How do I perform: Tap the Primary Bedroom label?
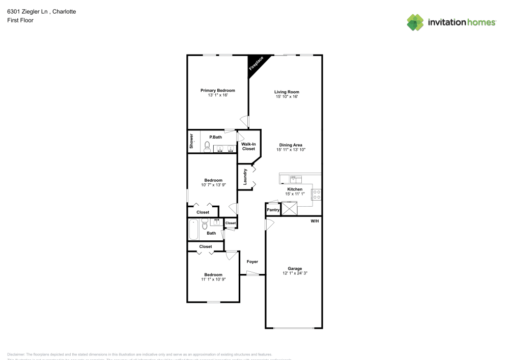217,90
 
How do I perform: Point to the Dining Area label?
290,145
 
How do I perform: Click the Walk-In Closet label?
248,147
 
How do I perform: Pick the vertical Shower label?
192,141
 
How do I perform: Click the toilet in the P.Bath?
207,147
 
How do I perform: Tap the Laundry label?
245,176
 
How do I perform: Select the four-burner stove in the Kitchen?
316,194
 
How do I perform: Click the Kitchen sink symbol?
295,179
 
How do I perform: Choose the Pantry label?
273,210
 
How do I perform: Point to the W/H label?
315,220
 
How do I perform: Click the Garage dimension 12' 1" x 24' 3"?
295,273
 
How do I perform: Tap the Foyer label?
252,262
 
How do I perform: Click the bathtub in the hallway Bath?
193,230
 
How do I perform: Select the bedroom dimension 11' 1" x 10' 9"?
213,279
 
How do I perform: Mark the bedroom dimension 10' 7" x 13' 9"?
213,184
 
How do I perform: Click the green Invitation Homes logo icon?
415,22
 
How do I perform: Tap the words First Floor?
20,20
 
